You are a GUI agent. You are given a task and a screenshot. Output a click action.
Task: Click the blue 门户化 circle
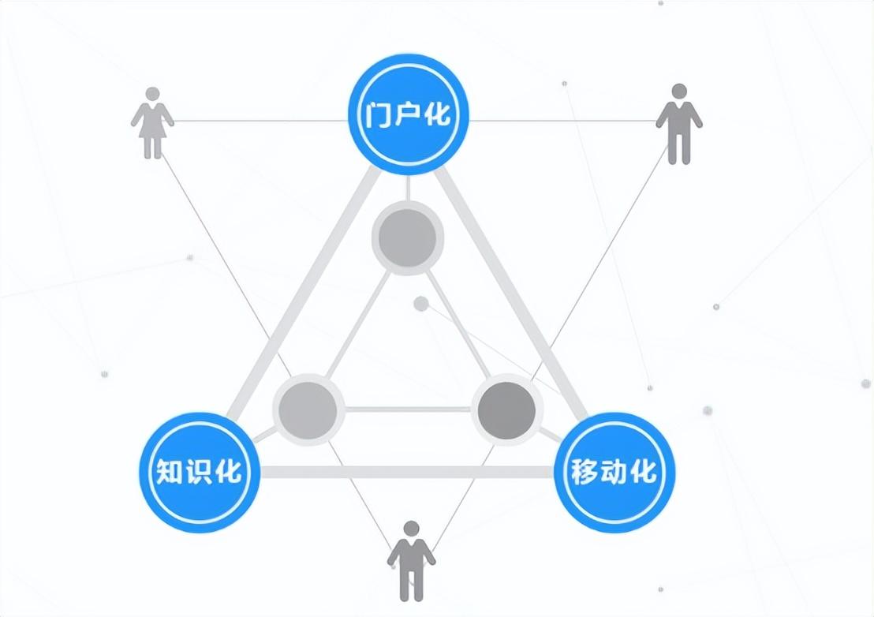coord(409,115)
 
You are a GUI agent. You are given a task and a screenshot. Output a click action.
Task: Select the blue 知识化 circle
coord(200,472)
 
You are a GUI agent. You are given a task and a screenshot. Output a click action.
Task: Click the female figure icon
coord(152,124)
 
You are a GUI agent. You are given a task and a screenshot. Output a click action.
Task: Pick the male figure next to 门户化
coord(678,125)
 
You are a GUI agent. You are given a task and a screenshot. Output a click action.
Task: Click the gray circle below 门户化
coord(407,237)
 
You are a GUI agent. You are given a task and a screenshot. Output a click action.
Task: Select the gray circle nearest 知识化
coord(308,409)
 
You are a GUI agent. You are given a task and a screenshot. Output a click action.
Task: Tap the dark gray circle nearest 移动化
coord(506,409)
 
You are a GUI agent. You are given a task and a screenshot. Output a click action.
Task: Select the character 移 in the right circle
coord(584,473)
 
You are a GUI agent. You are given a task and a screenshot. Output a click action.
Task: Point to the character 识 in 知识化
coord(200,473)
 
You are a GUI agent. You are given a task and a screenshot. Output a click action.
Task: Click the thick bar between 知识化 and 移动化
coord(406,472)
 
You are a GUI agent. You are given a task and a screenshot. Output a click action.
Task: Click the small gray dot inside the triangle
coord(421,304)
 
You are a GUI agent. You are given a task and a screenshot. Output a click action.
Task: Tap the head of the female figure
coord(153,94)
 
